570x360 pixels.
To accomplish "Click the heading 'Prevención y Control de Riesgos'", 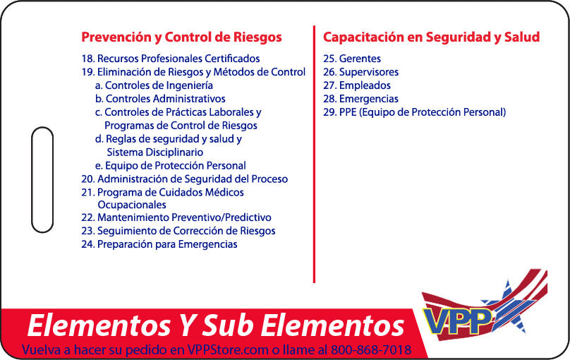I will (181, 37).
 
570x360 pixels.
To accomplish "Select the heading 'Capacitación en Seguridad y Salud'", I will (431, 37).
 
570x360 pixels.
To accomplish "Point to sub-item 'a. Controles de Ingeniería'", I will (154, 85).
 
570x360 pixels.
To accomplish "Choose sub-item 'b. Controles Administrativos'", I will (160, 99).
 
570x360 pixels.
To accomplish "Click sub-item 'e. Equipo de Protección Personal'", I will (171, 166).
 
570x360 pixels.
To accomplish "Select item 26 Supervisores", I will (360, 72).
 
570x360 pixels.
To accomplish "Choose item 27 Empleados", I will (356, 85).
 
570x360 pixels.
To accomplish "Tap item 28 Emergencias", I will (360, 99).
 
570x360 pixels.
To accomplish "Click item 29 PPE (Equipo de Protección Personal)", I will (414, 112).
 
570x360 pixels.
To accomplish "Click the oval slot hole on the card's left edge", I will (42, 180).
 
